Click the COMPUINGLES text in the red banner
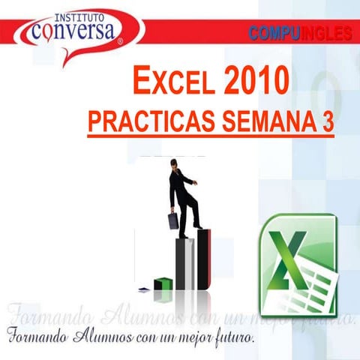299,33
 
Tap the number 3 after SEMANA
328,122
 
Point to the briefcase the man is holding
173,220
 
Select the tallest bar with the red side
203,259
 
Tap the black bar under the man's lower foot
184,262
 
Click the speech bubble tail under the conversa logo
67,56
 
